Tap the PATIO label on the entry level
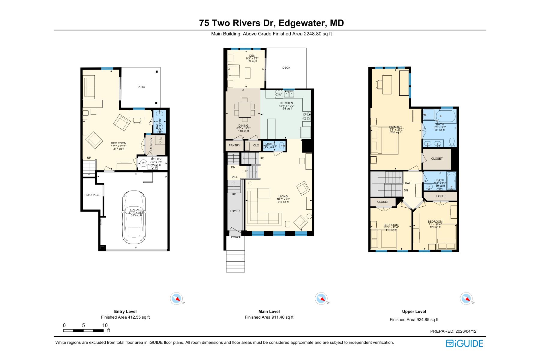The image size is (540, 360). click(141, 87)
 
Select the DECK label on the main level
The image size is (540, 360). click(286, 68)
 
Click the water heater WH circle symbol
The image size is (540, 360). click(143, 163)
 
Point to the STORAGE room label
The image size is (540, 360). click(92, 195)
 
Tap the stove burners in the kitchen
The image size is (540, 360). click(306, 116)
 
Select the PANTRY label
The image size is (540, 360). click(234, 145)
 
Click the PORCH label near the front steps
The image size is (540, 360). click(236, 237)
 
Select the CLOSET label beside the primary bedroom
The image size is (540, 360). click(437, 159)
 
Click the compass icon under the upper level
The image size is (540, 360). click(466, 298)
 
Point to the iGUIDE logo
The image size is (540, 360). click(464, 343)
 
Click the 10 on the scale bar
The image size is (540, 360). click(105, 325)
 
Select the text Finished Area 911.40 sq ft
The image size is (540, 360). click(269, 317)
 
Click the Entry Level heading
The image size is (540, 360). click(125, 311)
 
